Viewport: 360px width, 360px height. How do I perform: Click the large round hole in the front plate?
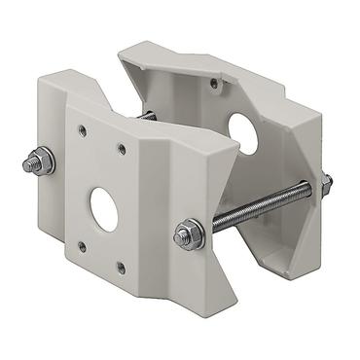pyautogui.click(x=105, y=207)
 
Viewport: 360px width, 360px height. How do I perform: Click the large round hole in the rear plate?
pyautogui.click(x=245, y=133)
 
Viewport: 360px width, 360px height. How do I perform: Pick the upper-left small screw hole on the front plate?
pyautogui.click(x=83, y=129)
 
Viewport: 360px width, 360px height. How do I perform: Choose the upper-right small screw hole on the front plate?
pyautogui.click(x=122, y=149)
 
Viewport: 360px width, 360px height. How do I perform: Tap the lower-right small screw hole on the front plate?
pyautogui.click(x=120, y=267)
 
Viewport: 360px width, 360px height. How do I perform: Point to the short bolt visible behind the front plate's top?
pyautogui.click(x=148, y=117)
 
